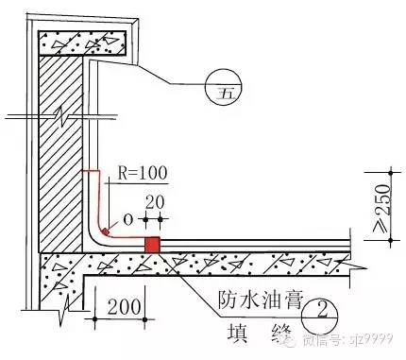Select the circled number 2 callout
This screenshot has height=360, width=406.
coord(322,307)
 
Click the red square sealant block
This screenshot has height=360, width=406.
coord(151,245)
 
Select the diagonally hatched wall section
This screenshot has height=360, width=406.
coord(61,151)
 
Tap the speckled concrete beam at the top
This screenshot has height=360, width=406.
coord(82,43)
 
